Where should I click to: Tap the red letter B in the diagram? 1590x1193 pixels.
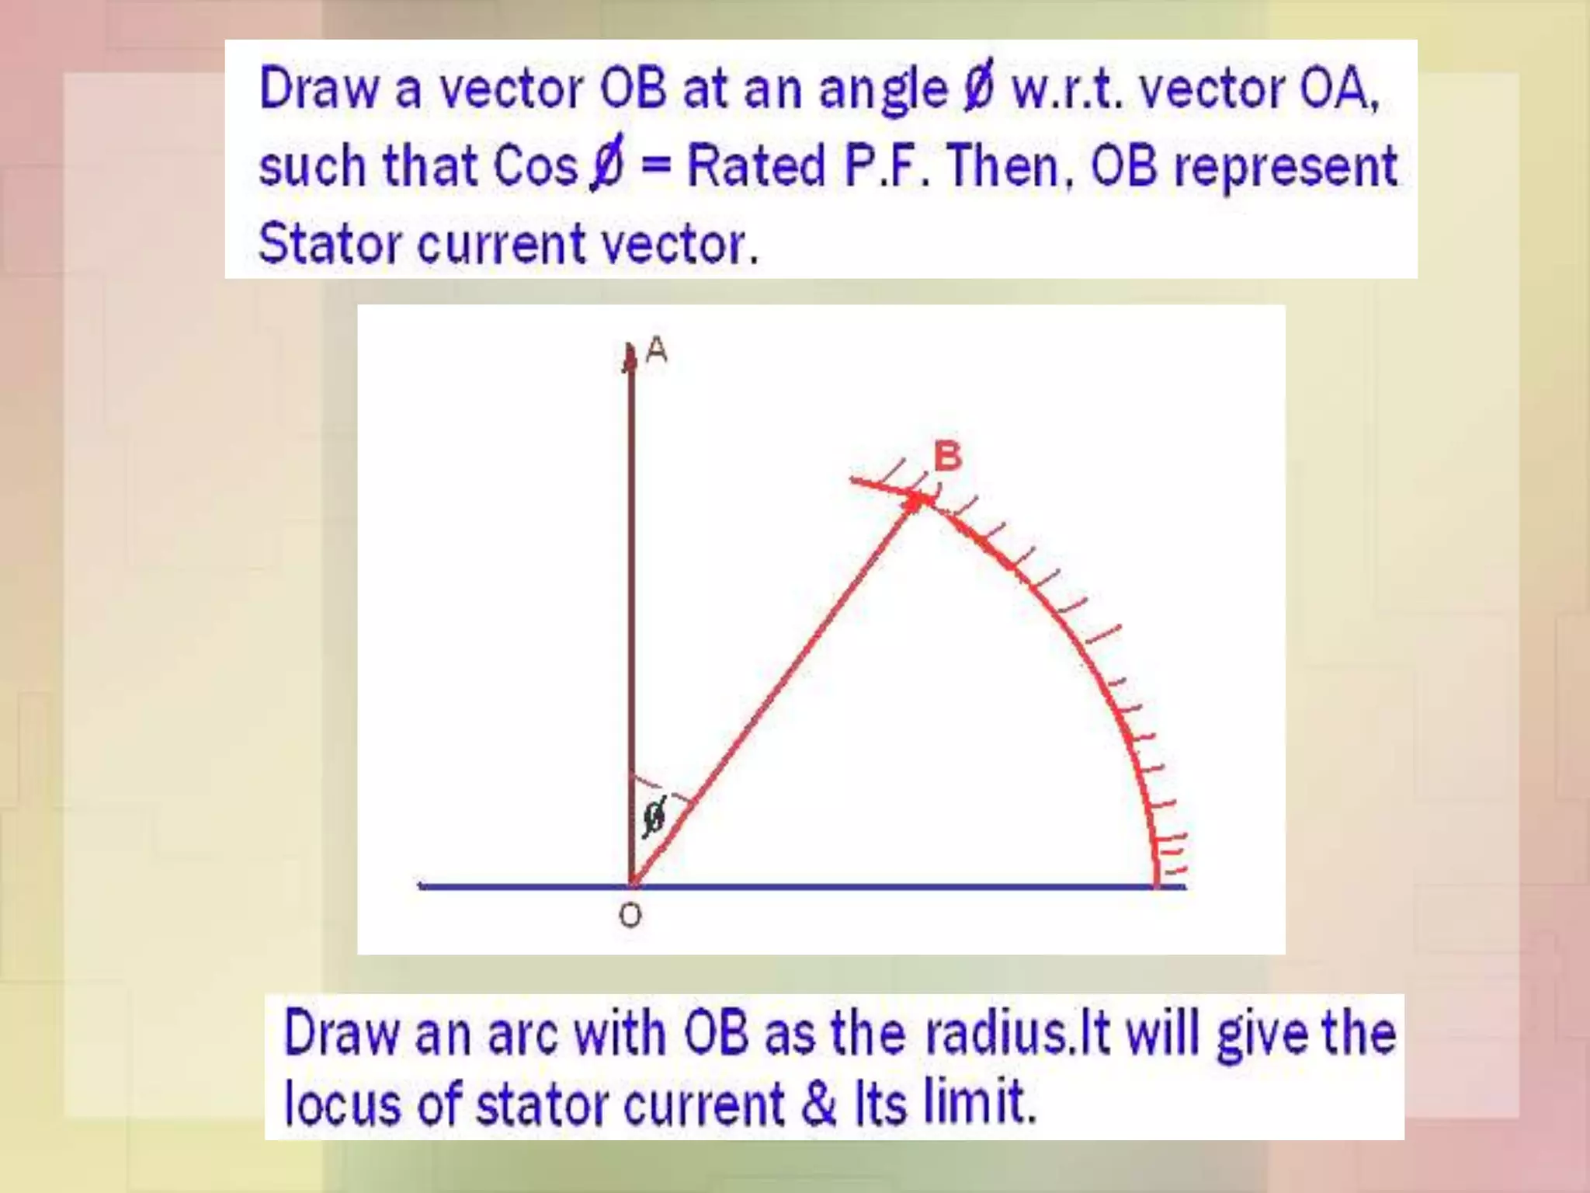coord(947,456)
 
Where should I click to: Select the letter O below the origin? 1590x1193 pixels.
coord(630,916)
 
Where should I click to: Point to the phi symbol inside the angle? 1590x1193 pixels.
coord(654,817)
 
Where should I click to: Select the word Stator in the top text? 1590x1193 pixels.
coord(329,244)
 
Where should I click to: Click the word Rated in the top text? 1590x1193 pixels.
coord(756,166)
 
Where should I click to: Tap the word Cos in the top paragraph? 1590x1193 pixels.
coord(536,166)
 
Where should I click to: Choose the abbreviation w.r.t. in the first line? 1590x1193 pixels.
coord(1068,89)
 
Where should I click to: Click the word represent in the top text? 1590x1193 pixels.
coord(1285,166)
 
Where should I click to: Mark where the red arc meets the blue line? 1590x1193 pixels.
coord(1156,885)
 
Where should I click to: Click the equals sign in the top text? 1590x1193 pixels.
coord(656,168)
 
